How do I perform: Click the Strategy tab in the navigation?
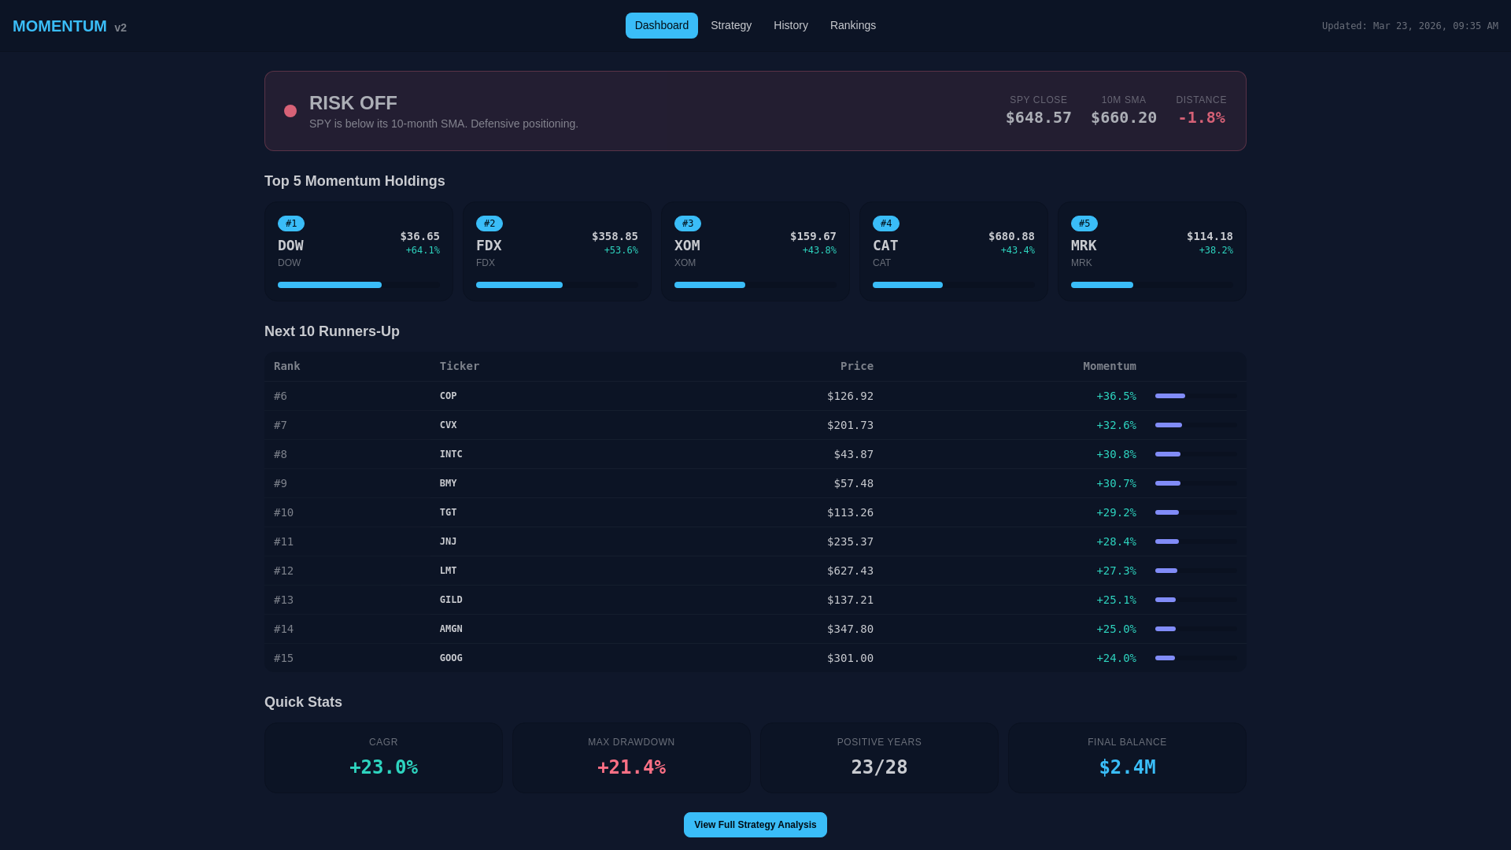pyautogui.click(x=730, y=25)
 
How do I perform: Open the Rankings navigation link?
pyautogui.click(x=852, y=25)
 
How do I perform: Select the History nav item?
pyautogui.click(x=790, y=25)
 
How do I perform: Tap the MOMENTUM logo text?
pyautogui.click(x=60, y=26)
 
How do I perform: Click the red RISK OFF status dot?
pyautogui.click(x=290, y=111)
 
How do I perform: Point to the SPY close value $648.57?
pyautogui.click(x=1038, y=117)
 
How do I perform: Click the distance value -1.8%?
pyautogui.click(x=1201, y=117)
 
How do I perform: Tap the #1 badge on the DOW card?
pyautogui.click(x=291, y=224)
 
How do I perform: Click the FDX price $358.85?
pyautogui.click(x=615, y=236)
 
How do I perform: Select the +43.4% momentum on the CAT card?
pyautogui.click(x=1017, y=250)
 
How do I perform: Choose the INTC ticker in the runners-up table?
pyautogui.click(x=451, y=454)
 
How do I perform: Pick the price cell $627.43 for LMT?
pyautogui.click(x=850, y=571)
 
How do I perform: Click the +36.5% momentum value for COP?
pyautogui.click(x=1116, y=396)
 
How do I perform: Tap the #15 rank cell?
pyautogui.click(x=283, y=658)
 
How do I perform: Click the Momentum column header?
pyautogui.click(x=1109, y=366)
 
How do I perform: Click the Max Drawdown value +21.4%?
pyautogui.click(x=631, y=767)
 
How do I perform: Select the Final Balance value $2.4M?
pyautogui.click(x=1127, y=767)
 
